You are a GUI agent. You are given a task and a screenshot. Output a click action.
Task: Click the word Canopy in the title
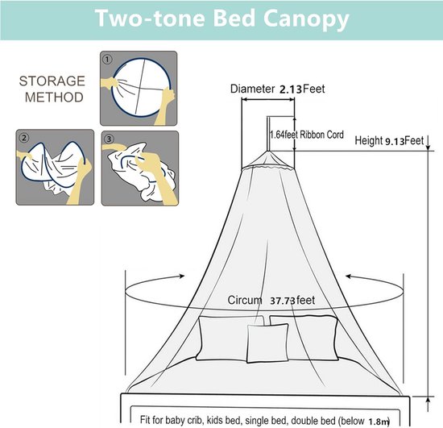(306, 19)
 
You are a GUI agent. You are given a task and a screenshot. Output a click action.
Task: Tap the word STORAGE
(52, 81)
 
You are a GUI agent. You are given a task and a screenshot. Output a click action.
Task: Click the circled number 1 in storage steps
(107, 60)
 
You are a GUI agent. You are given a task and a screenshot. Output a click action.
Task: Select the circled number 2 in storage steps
(23, 138)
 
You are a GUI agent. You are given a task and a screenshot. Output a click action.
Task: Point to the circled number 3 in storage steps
(109, 139)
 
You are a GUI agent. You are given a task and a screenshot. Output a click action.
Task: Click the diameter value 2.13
(291, 89)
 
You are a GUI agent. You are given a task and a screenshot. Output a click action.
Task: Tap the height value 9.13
(395, 141)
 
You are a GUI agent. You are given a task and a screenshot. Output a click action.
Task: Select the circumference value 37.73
(283, 301)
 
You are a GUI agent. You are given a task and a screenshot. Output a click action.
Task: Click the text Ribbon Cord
(321, 135)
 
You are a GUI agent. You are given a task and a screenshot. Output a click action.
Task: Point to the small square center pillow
(267, 343)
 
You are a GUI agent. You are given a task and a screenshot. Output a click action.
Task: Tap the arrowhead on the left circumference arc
(182, 276)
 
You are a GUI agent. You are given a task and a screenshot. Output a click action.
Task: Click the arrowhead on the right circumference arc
(349, 276)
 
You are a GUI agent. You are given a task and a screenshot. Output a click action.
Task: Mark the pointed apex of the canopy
(267, 152)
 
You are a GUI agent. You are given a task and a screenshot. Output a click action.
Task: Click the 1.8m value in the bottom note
(379, 422)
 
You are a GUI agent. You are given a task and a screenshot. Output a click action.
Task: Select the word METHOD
(54, 98)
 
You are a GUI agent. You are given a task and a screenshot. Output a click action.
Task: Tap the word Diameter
(253, 89)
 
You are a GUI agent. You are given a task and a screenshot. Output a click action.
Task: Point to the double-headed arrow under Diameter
(268, 99)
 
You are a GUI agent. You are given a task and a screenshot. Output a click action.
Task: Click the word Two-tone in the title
(150, 18)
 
